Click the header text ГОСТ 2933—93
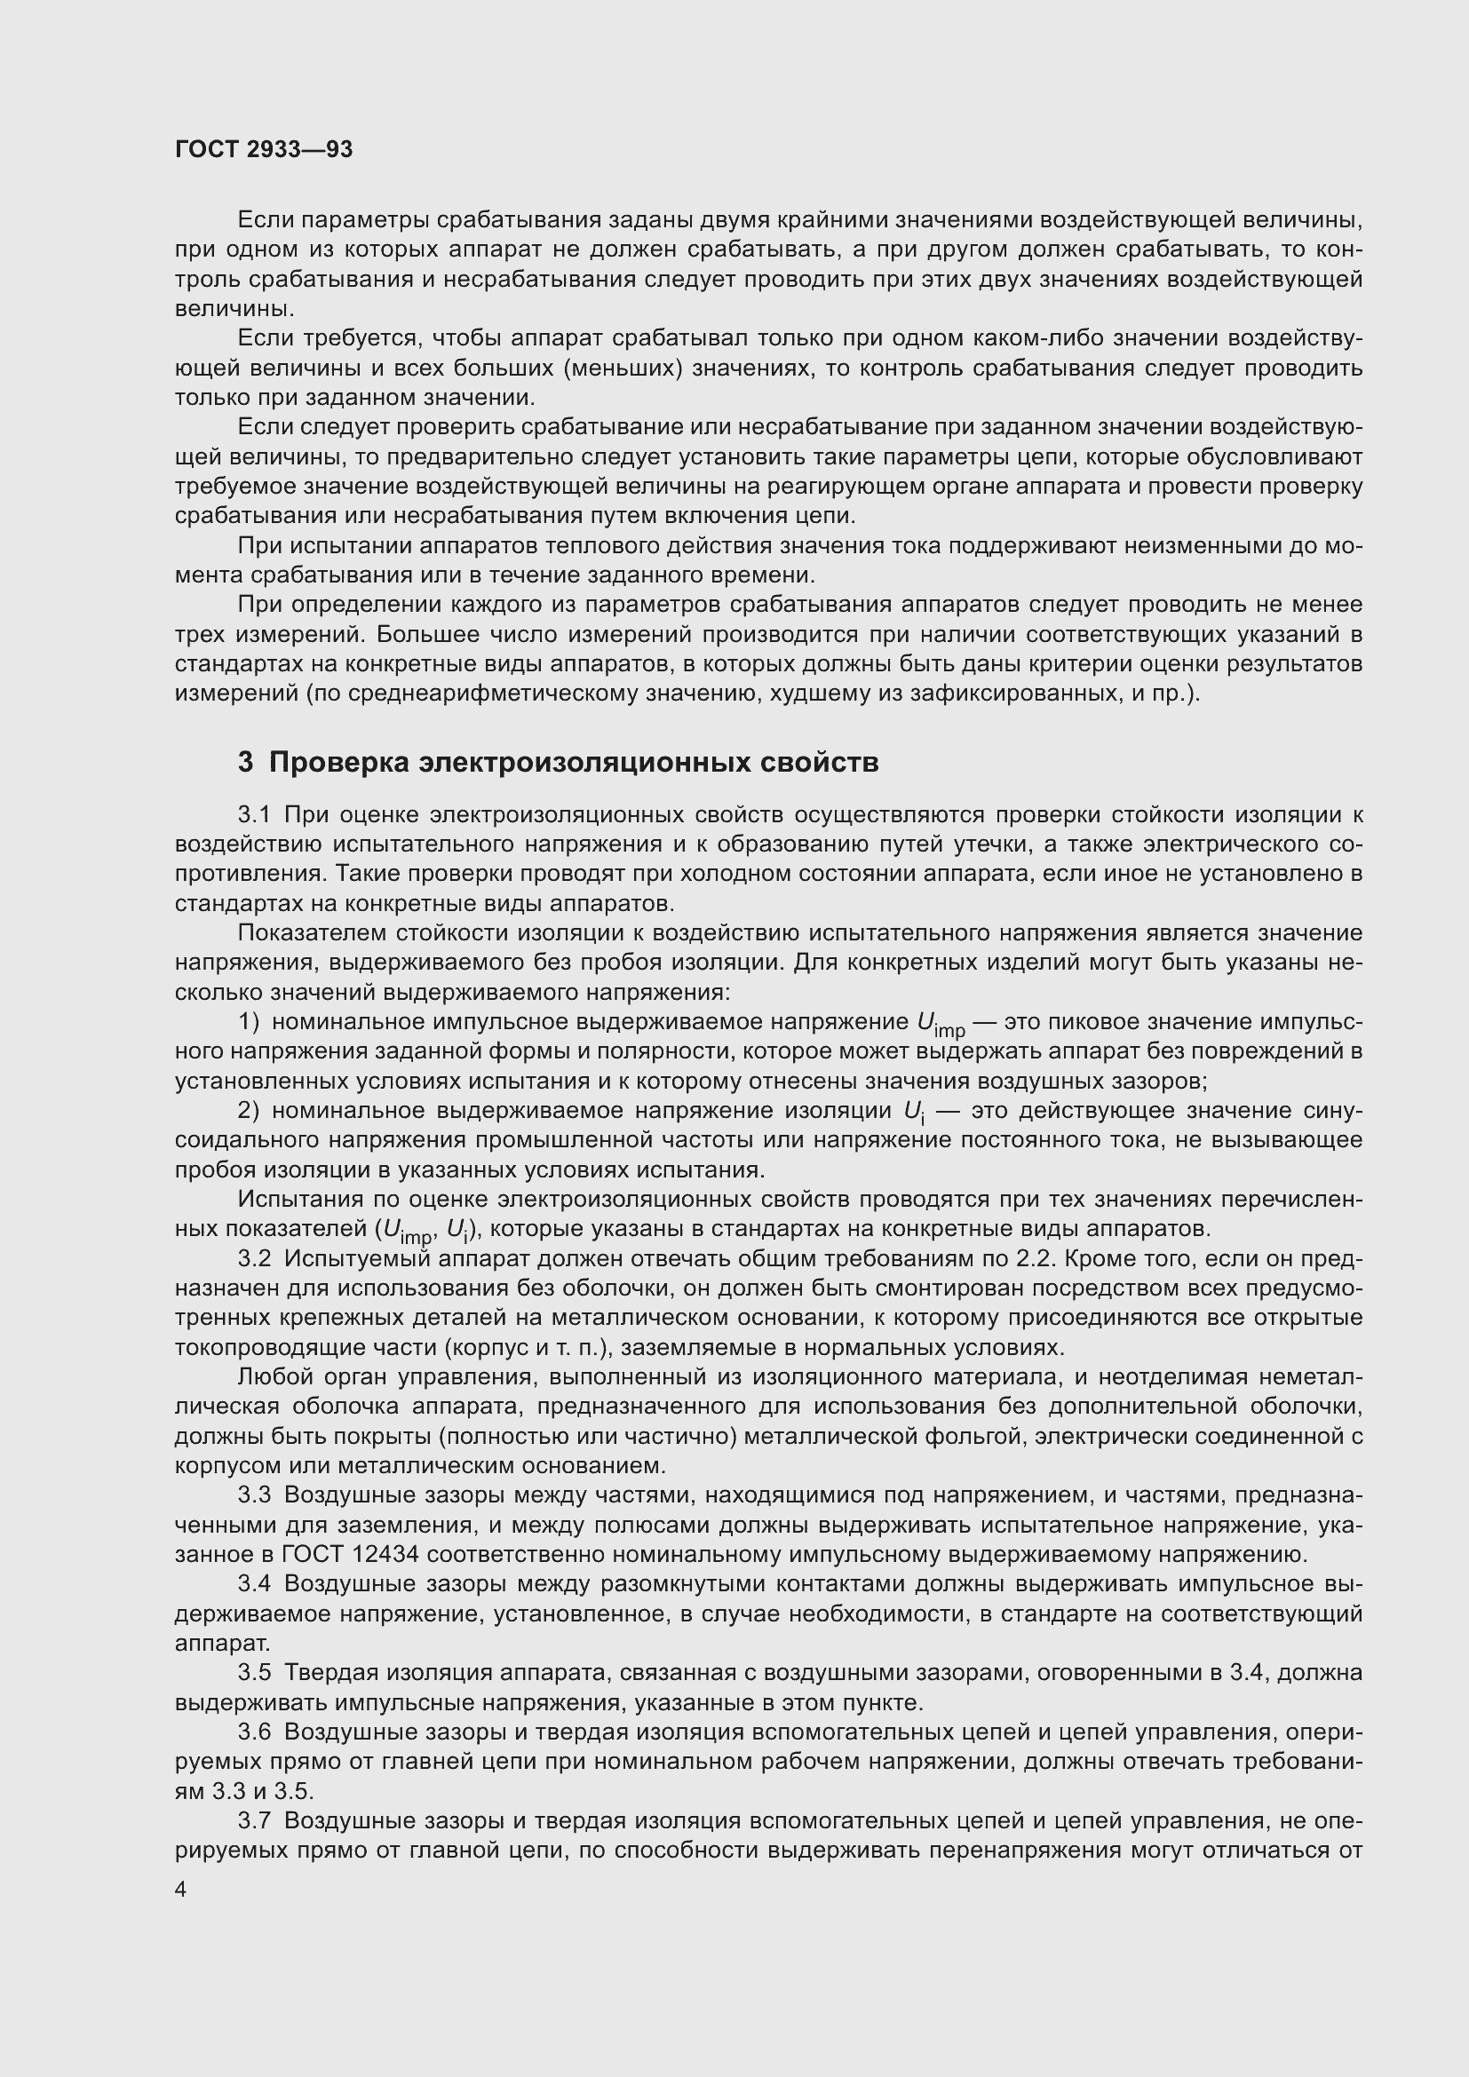point(263,150)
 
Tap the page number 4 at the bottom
point(181,1890)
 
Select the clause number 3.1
point(254,815)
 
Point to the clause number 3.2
point(254,1259)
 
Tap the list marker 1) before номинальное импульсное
point(249,1022)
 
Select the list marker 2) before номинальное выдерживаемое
point(249,1111)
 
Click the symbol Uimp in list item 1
point(940,1025)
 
